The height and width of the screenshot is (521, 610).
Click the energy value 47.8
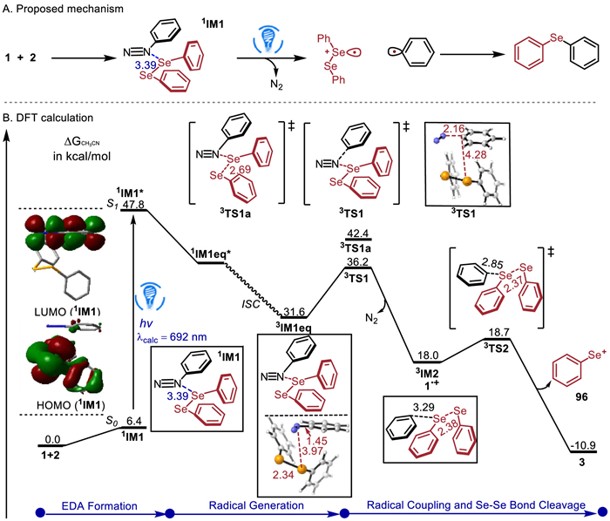tap(133, 205)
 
